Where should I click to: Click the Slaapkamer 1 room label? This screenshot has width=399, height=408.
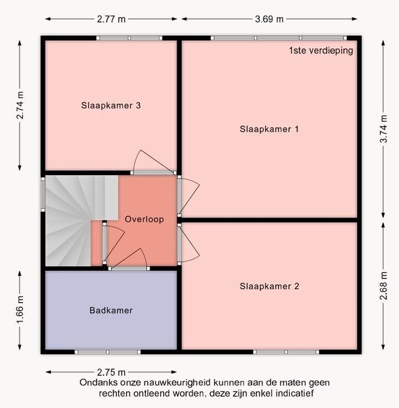pyautogui.click(x=269, y=129)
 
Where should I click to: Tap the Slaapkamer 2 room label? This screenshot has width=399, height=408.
pyautogui.click(x=269, y=286)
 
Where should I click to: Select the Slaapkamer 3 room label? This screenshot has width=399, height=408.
pyautogui.click(x=111, y=105)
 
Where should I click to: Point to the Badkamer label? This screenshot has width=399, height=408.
pyautogui.click(x=111, y=310)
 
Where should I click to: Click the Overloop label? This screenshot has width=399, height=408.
pyautogui.click(x=144, y=219)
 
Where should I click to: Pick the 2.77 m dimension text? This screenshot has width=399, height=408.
pyautogui.click(x=111, y=19)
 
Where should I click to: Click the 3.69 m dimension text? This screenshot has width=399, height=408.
pyautogui.click(x=269, y=19)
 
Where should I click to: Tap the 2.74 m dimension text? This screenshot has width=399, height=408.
pyautogui.click(x=20, y=105)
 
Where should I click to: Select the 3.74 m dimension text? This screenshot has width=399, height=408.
pyautogui.click(x=383, y=129)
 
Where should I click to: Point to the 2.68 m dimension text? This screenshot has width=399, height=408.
pyautogui.click(x=383, y=286)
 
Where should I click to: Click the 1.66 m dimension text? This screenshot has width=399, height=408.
pyautogui.click(x=20, y=309)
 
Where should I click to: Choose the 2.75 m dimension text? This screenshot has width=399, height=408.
pyautogui.click(x=111, y=372)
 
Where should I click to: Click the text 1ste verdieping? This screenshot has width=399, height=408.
pyautogui.click(x=321, y=50)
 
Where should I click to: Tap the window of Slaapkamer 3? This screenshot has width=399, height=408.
pyautogui.click(x=129, y=38)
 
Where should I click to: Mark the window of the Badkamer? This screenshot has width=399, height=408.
pyautogui.click(x=108, y=352)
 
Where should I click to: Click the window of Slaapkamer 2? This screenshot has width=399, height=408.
pyautogui.click(x=286, y=352)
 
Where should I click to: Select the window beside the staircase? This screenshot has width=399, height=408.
pyautogui.click(x=43, y=194)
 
